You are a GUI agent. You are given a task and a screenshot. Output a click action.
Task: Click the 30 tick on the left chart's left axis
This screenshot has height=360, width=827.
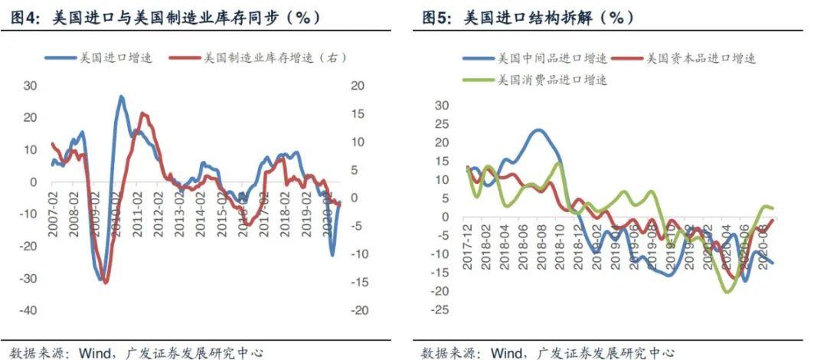point(31,85)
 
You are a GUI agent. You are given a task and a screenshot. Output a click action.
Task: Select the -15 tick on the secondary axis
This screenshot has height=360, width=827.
point(354,282)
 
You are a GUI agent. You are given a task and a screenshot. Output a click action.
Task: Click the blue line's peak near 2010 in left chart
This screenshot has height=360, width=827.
point(121,97)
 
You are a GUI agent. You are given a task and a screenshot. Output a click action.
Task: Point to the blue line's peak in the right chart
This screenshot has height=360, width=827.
point(539,130)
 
